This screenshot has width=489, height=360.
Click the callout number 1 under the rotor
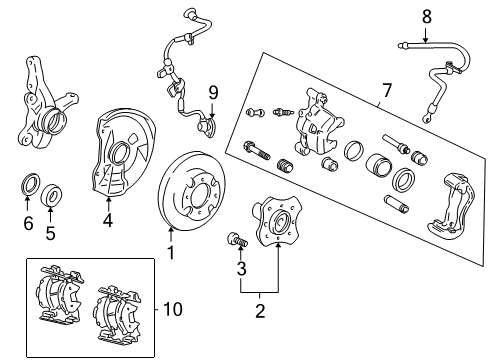point(171,252)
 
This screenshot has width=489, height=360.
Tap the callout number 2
point(260,311)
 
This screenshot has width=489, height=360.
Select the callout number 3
point(241,269)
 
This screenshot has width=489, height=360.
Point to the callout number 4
point(108,220)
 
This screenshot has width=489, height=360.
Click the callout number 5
point(50,233)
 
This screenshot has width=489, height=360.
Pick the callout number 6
point(28,223)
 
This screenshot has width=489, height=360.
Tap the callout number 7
point(387,90)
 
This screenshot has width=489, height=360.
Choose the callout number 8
point(427,17)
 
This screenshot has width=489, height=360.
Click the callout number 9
point(213,92)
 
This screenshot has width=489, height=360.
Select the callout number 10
point(173,309)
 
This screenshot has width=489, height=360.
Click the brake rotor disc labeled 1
point(191,191)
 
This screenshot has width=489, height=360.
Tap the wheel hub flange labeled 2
point(277,221)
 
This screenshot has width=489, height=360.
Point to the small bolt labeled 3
point(237,240)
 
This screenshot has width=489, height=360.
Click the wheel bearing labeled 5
point(51,195)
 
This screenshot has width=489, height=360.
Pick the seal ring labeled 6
point(31,184)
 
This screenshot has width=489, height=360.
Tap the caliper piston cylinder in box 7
point(379,165)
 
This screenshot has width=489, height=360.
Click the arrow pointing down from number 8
point(425,35)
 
